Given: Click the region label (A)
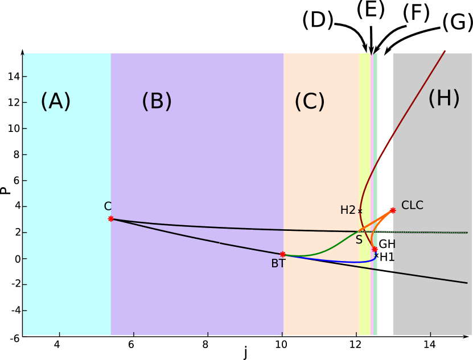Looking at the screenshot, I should point(55,102).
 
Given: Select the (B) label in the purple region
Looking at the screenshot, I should point(157,102).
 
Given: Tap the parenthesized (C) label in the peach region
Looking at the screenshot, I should point(309,102).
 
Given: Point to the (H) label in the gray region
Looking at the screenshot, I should point(443,99).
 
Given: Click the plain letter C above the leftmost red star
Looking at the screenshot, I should point(108,206).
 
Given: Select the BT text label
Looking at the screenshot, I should point(278,264).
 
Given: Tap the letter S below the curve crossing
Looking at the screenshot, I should point(359,240).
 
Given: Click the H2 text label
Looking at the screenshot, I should point(348,210).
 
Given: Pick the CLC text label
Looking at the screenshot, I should point(412,205).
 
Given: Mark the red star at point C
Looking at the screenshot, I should point(111,218).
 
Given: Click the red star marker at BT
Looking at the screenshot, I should point(283,254).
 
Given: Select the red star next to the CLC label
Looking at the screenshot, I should point(393,210).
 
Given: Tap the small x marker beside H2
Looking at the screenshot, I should point(360,211).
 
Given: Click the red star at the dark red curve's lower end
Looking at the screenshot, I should point(375,249).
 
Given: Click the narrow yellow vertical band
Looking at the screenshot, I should point(365,142).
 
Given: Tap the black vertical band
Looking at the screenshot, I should point(385,142).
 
